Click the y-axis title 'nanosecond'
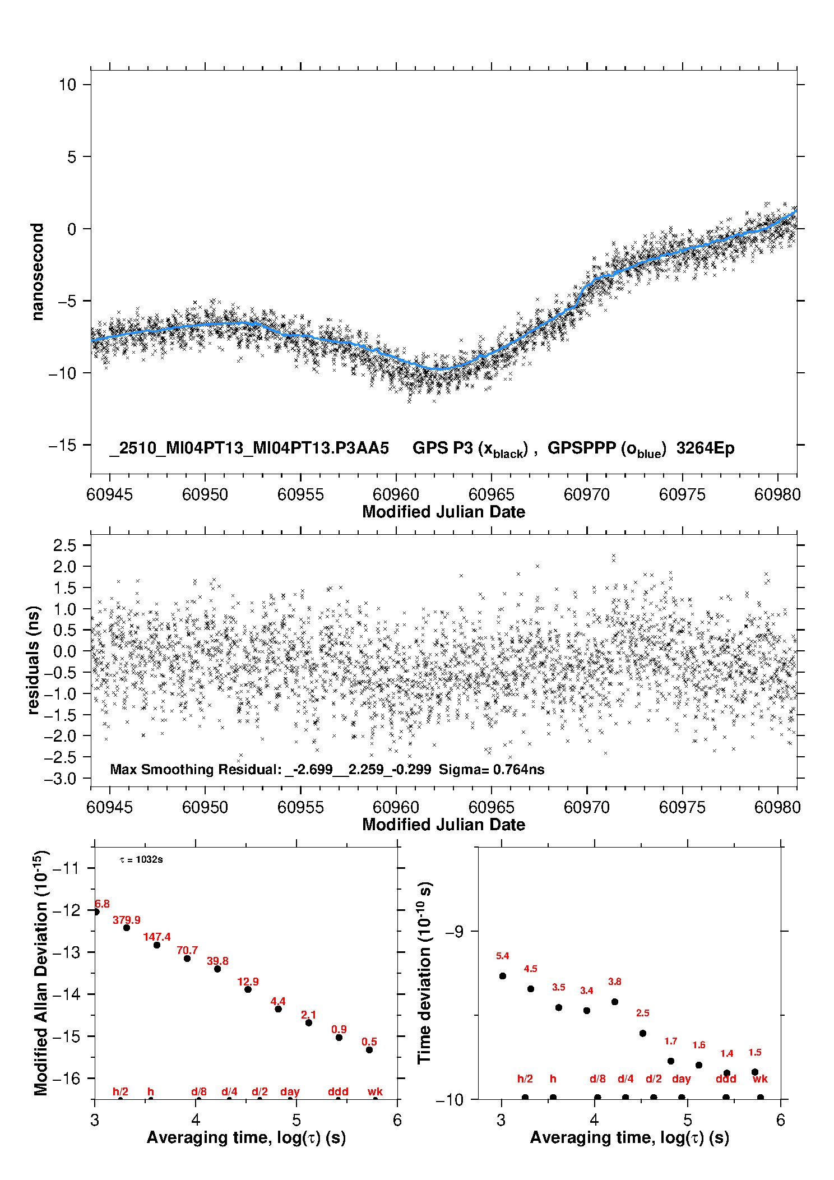38,272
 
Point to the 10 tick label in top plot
67,85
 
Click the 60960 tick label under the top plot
396,494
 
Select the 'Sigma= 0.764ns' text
492,770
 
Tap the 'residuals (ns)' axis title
34,660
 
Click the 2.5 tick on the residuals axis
64,545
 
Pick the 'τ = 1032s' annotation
141,860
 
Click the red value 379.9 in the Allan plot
127,920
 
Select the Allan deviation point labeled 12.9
248,989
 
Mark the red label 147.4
157,937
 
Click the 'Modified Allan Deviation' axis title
41,973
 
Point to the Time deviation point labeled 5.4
503,976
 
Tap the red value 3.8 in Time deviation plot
615,982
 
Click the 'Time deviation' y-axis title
425,973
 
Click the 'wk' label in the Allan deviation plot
375,1091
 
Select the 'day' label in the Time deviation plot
682,1079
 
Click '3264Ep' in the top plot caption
705,448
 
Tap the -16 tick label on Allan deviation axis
66,1079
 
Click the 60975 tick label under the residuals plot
682,807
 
